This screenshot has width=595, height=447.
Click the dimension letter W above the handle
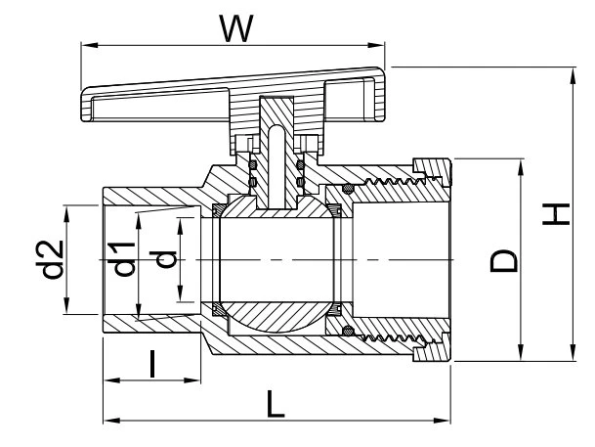tap(236, 29)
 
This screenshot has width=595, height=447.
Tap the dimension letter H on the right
tap(556, 214)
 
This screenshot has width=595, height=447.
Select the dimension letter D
tap(504, 261)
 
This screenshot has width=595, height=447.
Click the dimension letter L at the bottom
tap(276, 404)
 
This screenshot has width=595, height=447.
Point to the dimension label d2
tap(53, 260)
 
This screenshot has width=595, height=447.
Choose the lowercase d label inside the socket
tap(163, 259)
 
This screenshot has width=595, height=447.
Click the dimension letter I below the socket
tap(152, 364)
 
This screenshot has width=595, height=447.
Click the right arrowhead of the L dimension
tap(443, 421)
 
